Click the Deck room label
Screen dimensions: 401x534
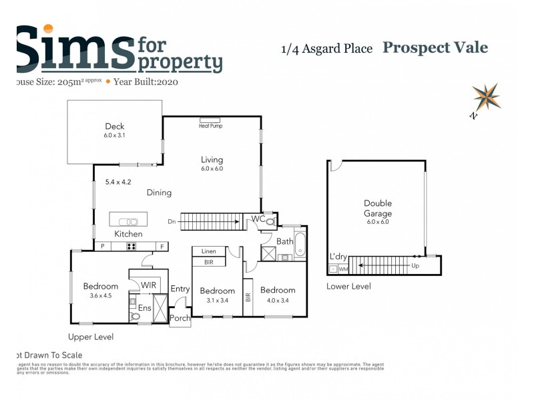[115, 126]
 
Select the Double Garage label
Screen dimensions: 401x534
[378, 208]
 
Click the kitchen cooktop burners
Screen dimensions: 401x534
[131, 246]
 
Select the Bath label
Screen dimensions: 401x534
[284, 241]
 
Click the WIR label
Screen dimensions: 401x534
[149, 285]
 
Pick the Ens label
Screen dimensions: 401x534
[145, 308]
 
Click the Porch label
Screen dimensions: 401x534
[180, 318]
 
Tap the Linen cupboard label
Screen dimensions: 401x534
[208, 251]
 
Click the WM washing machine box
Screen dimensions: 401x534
[344, 269]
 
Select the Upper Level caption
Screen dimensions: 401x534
[91, 337]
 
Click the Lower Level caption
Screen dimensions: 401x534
[348, 286]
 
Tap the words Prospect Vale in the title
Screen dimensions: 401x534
[435, 47]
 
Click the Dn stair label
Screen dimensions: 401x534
[172, 221]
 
